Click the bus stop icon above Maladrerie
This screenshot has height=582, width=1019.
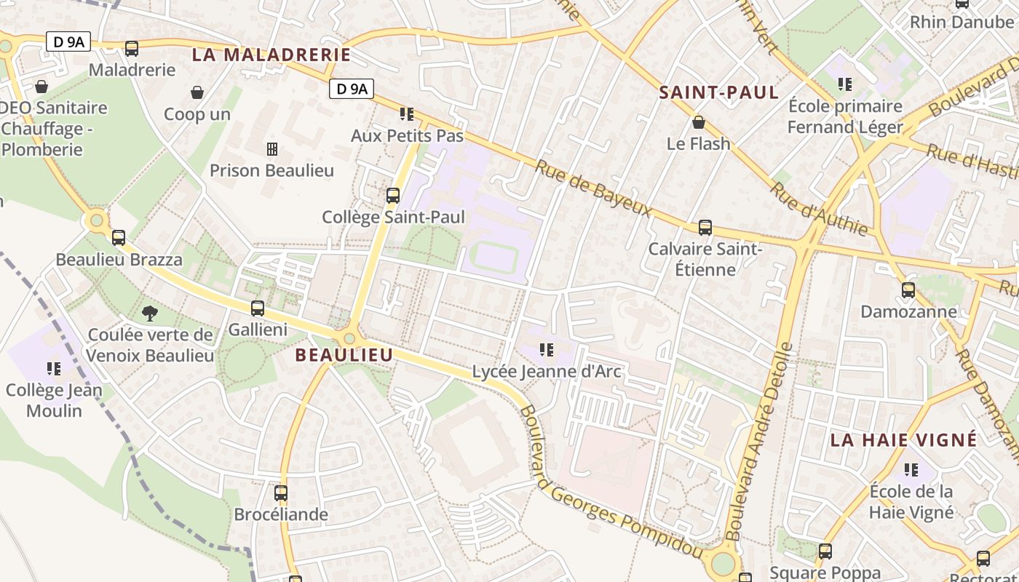[132, 49]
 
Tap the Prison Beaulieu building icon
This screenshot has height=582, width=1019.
[272, 149]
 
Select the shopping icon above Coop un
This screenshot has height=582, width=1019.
[197, 92]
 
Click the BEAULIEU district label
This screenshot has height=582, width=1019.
[344, 355]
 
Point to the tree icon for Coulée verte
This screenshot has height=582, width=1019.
[150, 314]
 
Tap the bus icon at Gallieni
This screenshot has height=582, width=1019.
[258, 308]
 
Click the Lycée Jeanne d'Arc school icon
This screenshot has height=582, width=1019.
[547, 351]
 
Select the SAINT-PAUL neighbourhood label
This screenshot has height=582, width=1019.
[718, 92]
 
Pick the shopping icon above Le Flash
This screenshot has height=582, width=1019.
[699, 122]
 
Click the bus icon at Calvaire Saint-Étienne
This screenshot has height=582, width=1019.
[705, 228]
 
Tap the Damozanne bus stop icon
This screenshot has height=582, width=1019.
[908, 290]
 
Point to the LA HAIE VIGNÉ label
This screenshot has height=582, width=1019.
[903, 440]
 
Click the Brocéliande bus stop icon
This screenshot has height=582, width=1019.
[281, 493]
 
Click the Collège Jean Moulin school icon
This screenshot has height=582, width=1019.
[54, 369]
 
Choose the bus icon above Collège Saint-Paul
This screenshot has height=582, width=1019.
[393, 196]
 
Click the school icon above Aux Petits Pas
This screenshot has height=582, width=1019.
[407, 114]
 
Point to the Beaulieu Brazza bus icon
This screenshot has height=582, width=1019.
[119, 238]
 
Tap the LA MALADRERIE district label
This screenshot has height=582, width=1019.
[271, 55]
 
